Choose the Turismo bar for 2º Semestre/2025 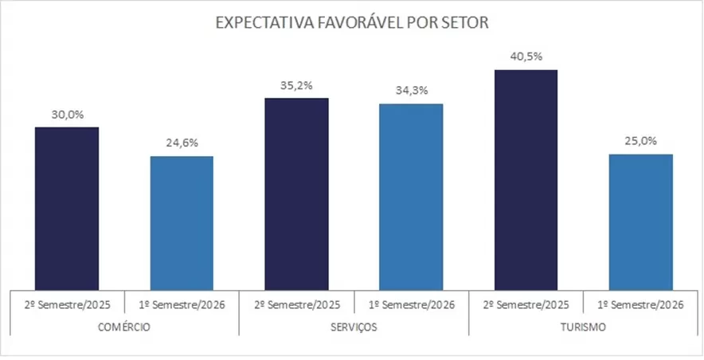[x=526, y=180]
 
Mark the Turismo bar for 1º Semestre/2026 [x=640, y=222]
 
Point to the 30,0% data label [x=67, y=114]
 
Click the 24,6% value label [x=182, y=143]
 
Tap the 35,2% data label [x=296, y=85]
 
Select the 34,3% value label [x=411, y=91]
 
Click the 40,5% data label [x=526, y=57]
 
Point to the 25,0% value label [x=640, y=141]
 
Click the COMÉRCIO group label [x=124, y=327]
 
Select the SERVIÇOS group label [x=354, y=327]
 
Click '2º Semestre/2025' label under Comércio [x=67, y=304]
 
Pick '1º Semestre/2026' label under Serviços [x=411, y=304]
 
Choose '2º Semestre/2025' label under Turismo [x=526, y=304]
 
